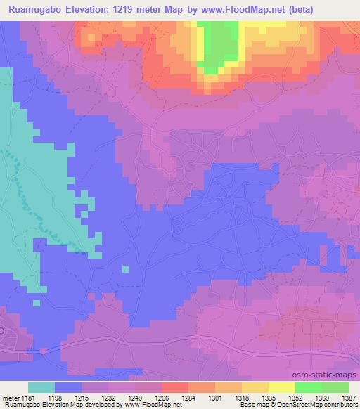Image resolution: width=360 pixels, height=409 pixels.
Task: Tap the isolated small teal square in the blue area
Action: pos(125,268)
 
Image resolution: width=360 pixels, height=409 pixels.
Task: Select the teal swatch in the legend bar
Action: pos(41,387)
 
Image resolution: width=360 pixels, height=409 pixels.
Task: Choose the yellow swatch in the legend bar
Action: pos(282,387)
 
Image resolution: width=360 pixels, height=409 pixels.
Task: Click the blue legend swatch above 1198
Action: pos(68,387)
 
